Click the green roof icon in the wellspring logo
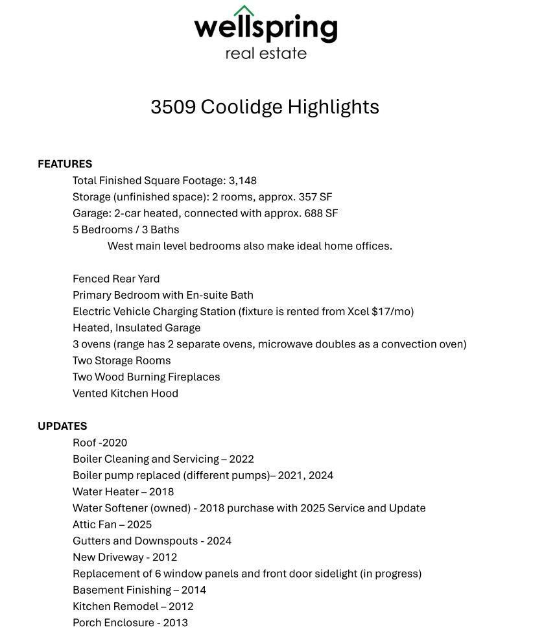(x=244, y=11)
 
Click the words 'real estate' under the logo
(x=266, y=53)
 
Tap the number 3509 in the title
(x=173, y=107)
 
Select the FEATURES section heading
(x=65, y=164)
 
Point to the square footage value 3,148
(x=243, y=180)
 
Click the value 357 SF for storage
(x=315, y=197)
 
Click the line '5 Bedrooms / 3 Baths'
(x=126, y=229)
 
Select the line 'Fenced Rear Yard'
(x=116, y=279)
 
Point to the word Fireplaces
(x=194, y=377)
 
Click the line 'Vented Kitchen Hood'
(x=125, y=393)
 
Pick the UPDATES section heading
(x=62, y=426)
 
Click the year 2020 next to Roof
(x=115, y=443)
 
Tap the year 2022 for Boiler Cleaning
(x=241, y=459)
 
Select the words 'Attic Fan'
(x=95, y=524)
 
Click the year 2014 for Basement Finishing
(x=194, y=590)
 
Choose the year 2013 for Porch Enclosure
(x=175, y=623)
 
